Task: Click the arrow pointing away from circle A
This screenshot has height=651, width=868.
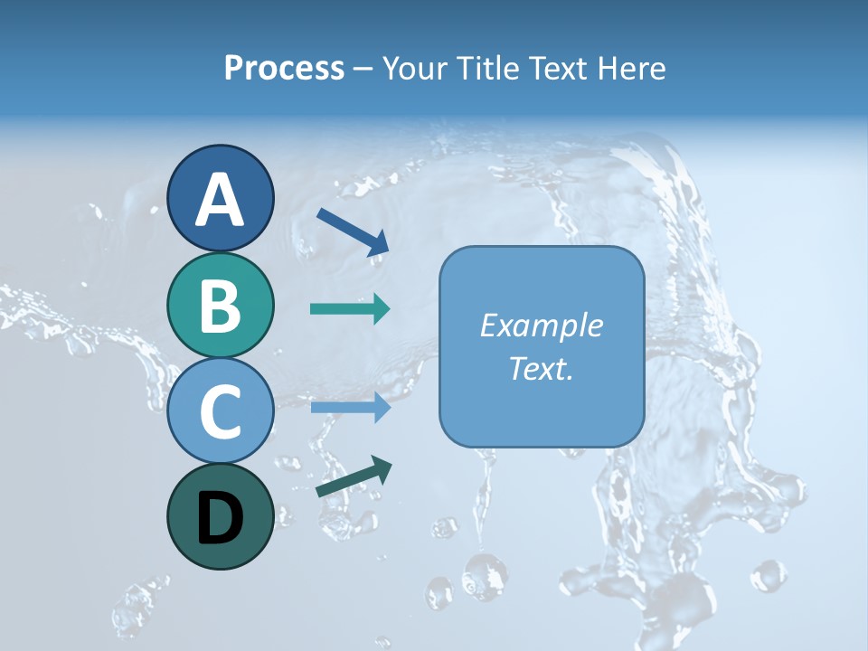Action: (x=353, y=231)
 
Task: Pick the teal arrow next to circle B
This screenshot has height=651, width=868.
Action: (x=350, y=309)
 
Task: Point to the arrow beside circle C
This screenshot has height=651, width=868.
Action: (x=350, y=408)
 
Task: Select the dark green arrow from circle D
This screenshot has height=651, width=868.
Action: (x=354, y=476)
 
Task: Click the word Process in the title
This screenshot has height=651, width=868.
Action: (x=284, y=69)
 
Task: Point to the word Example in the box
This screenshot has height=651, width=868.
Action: (x=542, y=325)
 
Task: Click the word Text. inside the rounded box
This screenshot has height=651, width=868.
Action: (x=542, y=368)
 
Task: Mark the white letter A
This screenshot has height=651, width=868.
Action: (x=221, y=200)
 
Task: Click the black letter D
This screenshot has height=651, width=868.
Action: (x=221, y=518)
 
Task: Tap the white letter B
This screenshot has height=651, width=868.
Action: (x=221, y=306)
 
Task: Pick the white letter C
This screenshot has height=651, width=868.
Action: (x=221, y=411)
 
